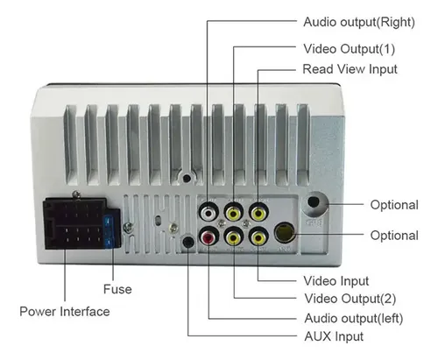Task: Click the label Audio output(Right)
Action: click(x=359, y=22)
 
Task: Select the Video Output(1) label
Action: click(x=350, y=49)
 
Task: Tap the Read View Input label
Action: click(x=350, y=69)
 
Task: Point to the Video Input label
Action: click(x=336, y=281)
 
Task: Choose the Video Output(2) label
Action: click(x=350, y=299)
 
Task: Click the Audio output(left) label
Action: click(x=354, y=318)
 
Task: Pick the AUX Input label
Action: click(x=334, y=336)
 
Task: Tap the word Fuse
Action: click(x=117, y=289)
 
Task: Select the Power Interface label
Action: click(x=65, y=312)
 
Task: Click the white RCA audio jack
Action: click(x=208, y=212)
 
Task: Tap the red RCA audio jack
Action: click(x=208, y=237)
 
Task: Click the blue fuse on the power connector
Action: click(x=109, y=232)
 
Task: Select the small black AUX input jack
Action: click(x=188, y=243)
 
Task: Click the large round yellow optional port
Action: click(x=285, y=233)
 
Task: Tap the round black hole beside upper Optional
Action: click(x=314, y=202)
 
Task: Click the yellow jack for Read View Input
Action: click(x=258, y=213)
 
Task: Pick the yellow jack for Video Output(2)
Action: click(x=234, y=237)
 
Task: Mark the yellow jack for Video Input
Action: click(x=258, y=237)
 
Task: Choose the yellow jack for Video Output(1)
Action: click(x=234, y=213)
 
